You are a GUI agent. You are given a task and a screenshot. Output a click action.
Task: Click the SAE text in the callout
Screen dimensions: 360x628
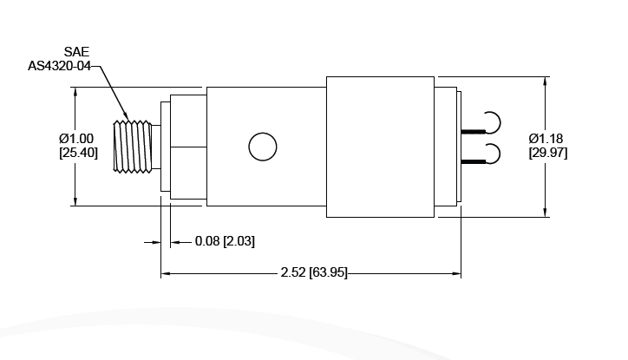(x=76, y=52)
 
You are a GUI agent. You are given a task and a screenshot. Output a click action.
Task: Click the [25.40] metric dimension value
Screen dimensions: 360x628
(x=78, y=152)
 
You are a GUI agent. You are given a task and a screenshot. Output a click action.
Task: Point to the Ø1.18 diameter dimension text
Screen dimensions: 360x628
(x=549, y=139)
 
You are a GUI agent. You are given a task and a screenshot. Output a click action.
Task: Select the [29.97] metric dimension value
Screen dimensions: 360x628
(x=549, y=153)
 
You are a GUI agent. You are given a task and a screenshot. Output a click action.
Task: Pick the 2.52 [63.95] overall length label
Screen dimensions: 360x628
(x=314, y=272)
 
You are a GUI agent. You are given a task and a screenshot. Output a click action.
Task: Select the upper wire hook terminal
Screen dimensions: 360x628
(x=491, y=122)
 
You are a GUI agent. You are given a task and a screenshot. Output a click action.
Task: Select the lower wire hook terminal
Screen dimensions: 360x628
(x=491, y=154)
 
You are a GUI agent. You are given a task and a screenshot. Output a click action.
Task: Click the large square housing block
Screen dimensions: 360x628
(x=379, y=147)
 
